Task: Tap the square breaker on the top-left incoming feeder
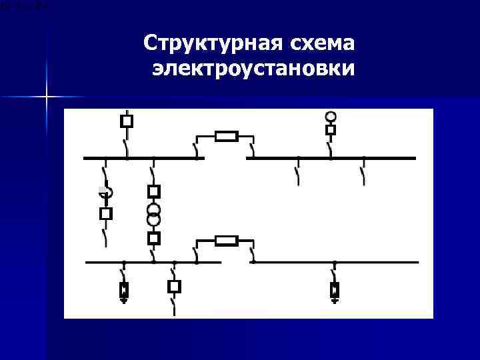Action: [126, 121]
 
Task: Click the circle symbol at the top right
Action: [331, 117]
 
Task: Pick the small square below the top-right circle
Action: [331, 129]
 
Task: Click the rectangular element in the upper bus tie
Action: [227, 137]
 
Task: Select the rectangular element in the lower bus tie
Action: [227, 241]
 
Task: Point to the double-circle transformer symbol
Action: [154, 215]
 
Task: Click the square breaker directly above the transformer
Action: [154, 192]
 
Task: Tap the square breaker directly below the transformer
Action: [154, 238]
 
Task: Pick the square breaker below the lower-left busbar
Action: [174, 287]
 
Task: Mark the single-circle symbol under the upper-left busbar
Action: [107, 192]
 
